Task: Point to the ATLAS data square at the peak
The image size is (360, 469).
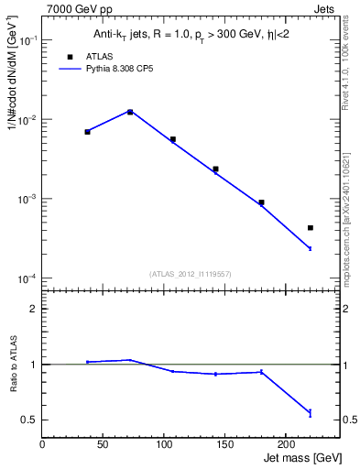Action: [130, 112]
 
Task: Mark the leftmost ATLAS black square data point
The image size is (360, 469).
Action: [87, 132]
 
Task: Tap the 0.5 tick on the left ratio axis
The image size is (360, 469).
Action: [28, 420]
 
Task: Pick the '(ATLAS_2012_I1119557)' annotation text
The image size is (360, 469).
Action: [191, 274]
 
